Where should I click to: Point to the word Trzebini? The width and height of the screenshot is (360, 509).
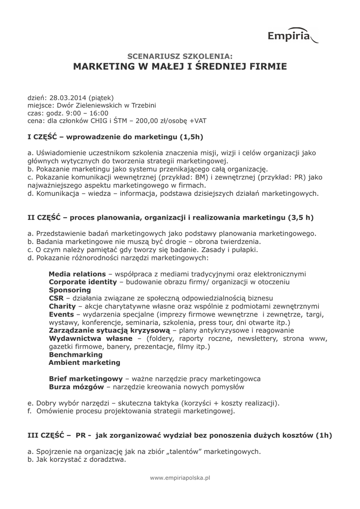(x=141, y=105)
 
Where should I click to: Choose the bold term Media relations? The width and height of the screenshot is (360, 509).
(x=77, y=274)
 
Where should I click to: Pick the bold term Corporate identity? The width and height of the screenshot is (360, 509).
(x=83, y=282)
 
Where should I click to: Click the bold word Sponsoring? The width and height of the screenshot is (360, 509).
(x=70, y=290)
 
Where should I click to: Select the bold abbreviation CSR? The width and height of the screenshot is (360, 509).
(x=56, y=298)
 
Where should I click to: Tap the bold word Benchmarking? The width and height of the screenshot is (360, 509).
(x=76, y=355)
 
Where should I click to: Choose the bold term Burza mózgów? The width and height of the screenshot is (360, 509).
(x=77, y=387)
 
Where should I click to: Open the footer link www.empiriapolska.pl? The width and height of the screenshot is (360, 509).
(x=180, y=478)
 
